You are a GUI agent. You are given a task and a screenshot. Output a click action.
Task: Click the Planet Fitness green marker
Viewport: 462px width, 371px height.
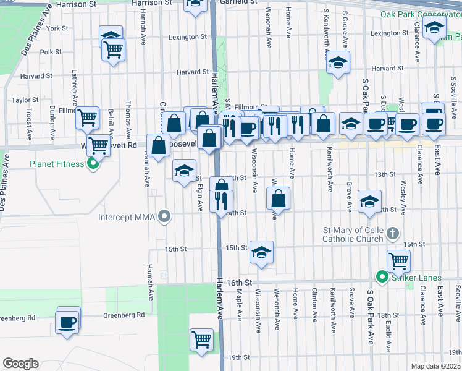click(x=93, y=164)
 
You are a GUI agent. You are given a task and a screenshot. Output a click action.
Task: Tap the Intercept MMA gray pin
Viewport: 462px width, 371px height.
click(x=164, y=217)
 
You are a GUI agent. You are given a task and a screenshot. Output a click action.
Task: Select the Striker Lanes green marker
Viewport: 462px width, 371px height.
click(x=382, y=278)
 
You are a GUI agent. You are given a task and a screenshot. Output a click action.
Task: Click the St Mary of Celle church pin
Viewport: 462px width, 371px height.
click(x=395, y=234)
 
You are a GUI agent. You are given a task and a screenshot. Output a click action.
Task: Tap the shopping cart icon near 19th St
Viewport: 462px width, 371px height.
click(x=201, y=339)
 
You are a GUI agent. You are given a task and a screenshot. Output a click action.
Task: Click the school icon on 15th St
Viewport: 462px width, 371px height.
click(x=261, y=252)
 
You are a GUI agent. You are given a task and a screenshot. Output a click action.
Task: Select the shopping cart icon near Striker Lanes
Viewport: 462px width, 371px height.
click(x=399, y=261)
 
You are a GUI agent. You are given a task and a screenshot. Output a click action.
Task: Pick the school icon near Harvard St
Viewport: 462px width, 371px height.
click(x=338, y=62)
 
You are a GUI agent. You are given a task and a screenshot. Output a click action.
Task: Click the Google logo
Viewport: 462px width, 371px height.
click(x=20, y=364)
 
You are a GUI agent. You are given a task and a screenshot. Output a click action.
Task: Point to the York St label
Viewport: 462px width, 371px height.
click(x=57, y=28)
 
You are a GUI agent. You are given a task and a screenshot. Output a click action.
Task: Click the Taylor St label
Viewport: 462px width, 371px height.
click(x=25, y=100)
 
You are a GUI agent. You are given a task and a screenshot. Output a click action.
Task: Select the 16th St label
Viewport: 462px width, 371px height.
click(x=240, y=282)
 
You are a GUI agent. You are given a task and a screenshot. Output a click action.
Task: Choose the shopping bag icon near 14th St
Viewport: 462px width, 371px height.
click(x=279, y=198)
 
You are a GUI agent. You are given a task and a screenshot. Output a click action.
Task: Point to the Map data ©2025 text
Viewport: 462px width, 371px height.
click(x=435, y=366)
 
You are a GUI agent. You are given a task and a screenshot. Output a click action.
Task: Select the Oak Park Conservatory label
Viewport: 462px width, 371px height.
click(x=420, y=14)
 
